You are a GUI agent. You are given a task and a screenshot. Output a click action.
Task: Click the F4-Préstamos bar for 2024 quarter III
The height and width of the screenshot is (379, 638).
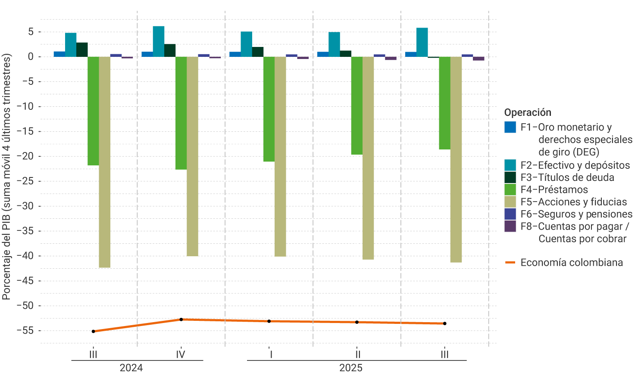click(x=93, y=111)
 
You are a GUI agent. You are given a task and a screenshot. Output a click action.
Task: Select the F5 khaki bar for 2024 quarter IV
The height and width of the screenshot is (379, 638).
click(x=192, y=156)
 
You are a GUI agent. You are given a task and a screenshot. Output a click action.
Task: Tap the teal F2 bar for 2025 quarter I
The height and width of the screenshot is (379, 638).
click(x=246, y=44)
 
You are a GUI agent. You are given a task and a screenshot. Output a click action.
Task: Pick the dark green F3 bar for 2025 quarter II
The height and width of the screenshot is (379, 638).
click(x=345, y=54)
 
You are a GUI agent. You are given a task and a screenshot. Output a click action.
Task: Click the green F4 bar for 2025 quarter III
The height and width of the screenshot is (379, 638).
click(x=444, y=103)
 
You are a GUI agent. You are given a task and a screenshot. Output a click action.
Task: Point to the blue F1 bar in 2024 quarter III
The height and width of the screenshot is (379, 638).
click(x=59, y=54)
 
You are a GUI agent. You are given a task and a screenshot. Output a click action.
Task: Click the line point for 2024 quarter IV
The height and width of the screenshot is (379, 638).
click(x=181, y=320)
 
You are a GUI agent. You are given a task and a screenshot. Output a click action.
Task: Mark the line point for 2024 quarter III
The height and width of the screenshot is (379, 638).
click(x=93, y=331)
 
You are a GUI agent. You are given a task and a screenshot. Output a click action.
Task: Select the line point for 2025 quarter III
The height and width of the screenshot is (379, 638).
click(x=444, y=323)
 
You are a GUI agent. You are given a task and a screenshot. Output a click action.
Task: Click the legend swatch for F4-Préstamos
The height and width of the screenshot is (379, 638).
click(x=510, y=189)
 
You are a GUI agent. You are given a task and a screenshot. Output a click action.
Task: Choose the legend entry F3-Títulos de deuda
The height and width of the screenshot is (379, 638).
click(x=567, y=177)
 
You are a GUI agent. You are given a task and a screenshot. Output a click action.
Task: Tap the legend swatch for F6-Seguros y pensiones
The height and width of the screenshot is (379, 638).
click(x=510, y=214)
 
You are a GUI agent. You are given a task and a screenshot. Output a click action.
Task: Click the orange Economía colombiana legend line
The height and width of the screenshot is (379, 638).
click(x=510, y=262)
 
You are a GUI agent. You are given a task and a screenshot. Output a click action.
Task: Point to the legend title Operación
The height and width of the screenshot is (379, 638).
click(x=528, y=112)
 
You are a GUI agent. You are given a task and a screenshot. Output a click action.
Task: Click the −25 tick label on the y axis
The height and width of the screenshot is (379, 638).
click(x=25, y=181)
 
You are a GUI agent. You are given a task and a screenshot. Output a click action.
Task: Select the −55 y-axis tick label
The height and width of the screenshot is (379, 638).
click(x=25, y=330)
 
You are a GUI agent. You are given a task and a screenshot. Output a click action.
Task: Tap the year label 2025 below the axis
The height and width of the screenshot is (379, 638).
click(x=350, y=368)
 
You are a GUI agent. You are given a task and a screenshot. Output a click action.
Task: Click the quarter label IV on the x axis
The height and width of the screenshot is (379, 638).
click(x=181, y=354)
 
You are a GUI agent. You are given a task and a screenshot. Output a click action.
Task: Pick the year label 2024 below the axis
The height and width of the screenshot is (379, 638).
click(x=131, y=368)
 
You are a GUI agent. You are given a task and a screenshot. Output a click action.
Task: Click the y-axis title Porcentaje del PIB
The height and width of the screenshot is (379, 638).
click(x=6, y=177)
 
